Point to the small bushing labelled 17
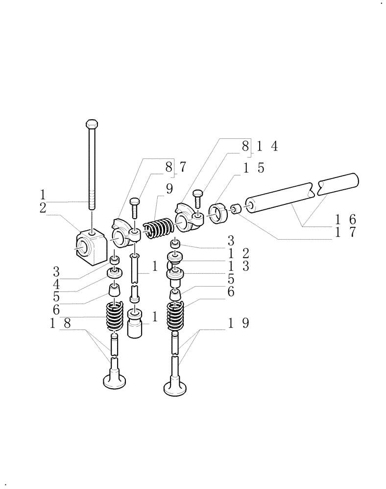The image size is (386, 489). (235, 209)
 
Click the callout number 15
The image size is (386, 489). (254, 168)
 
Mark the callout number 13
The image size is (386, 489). (239, 267)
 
